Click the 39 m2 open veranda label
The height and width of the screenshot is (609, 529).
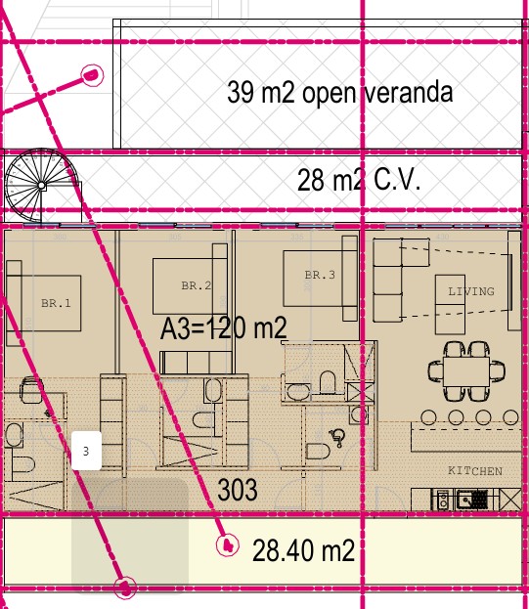point(340,93)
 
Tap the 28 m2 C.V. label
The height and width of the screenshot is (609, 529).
point(359,180)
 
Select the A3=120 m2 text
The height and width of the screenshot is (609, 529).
point(224,328)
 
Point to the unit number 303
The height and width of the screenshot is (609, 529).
point(238,490)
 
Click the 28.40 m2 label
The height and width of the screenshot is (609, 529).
point(303,550)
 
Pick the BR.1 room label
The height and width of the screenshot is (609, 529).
point(56,303)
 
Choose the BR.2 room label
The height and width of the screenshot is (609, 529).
point(197,285)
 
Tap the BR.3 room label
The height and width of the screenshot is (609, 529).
point(320,275)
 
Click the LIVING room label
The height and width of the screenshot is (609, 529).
point(471,291)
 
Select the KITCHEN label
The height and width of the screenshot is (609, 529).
point(475,471)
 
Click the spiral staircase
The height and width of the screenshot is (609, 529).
point(42,186)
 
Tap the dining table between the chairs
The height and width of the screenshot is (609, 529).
point(466,371)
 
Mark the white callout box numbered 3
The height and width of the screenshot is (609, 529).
point(87,451)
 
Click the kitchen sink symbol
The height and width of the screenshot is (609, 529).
point(471,500)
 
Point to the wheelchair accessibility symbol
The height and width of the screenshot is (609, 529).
point(337,438)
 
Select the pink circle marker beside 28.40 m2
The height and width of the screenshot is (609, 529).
point(228,545)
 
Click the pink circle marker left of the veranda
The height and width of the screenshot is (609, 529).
point(92,74)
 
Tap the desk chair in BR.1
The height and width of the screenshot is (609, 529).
point(31,389)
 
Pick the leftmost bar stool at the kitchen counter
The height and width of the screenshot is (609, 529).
point(428,417)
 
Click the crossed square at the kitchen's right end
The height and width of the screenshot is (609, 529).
point(510,500)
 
